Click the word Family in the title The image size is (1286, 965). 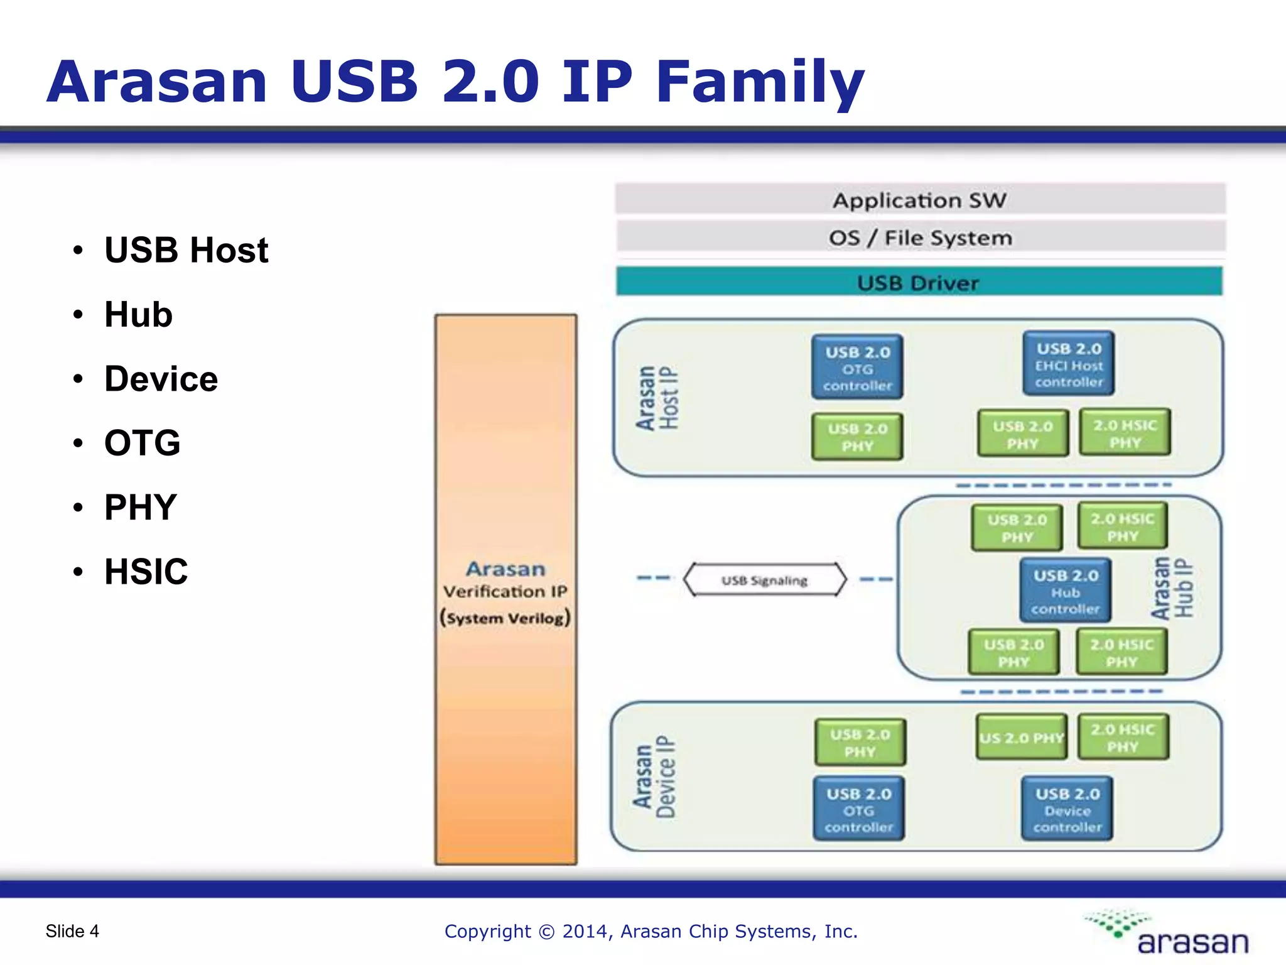[x=760, y=82]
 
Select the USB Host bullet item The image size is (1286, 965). [x=186, y=250]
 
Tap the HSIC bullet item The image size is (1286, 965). [x=146, y=571]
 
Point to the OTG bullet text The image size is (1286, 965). [x=143, y=442]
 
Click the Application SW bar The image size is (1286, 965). [x=920, y=200]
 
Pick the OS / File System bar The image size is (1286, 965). [x=920, y=237]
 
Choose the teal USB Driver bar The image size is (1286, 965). [x=919, y=282]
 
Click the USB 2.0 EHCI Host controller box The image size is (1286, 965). [x=1068, y=364]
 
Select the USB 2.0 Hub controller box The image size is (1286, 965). [x=1065, y=591]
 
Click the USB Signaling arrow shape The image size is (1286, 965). [x=764, y=579]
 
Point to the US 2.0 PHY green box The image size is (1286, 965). [x=1021, y=738]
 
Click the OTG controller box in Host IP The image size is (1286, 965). [x=857, y=368]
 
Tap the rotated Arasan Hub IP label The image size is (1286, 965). [x=1172, y=588]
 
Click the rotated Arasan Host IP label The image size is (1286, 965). [x=657, y=398]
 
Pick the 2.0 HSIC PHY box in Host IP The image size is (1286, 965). [x=1125, y=433]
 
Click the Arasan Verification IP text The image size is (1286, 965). [x=505, y=591]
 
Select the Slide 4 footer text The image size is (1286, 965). [x=72, y=931]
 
